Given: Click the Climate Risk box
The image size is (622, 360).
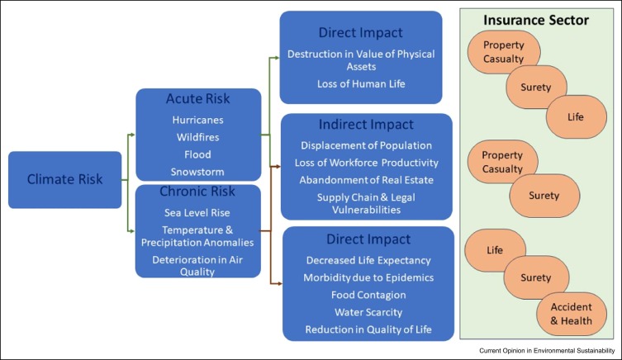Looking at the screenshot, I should point(64,178).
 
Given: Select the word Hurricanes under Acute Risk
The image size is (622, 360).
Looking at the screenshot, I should point(197,119).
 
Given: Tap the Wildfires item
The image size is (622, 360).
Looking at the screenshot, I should point(197,136).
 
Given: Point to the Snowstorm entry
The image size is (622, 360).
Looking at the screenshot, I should point(197,172).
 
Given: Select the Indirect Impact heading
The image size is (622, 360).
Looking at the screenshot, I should point(368,126).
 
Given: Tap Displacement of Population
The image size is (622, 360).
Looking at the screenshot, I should point(368,145).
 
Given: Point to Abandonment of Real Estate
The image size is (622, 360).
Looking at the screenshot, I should point(368,179).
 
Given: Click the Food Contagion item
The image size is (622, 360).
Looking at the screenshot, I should point(368,295).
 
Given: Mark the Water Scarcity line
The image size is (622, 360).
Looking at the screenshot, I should point(368,312).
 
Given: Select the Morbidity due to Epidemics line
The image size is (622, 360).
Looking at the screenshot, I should point(368,277).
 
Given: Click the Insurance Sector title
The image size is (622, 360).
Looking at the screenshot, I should point(537,20).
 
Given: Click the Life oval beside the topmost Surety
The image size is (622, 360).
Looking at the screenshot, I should point(575,117).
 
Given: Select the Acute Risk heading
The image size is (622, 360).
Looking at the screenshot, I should point(197,100).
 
